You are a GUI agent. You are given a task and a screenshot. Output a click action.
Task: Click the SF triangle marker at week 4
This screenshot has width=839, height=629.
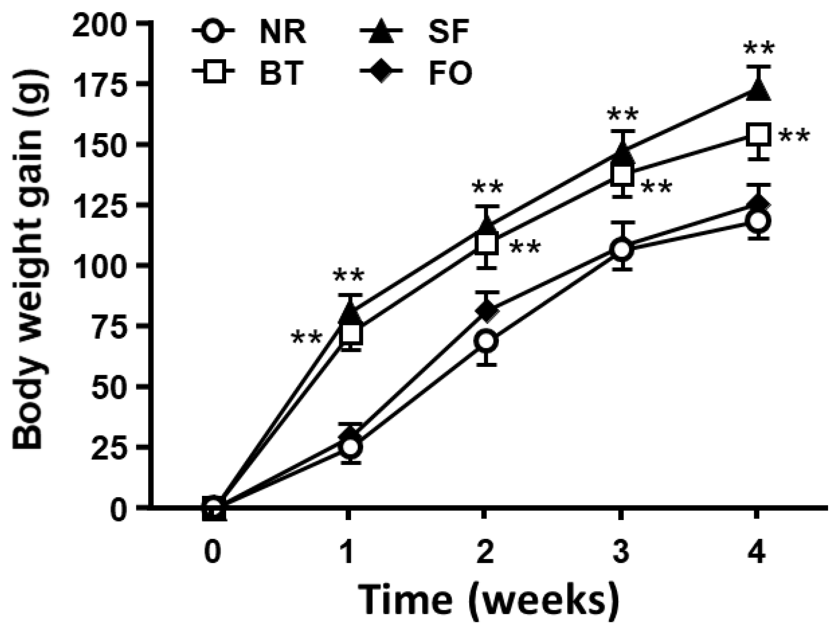(756, 90)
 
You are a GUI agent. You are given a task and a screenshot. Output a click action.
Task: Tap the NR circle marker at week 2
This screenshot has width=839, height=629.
(486, 341)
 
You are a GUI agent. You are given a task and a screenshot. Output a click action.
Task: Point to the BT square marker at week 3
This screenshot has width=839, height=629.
(621, 175)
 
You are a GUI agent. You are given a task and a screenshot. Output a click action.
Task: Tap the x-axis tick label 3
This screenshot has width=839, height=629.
(621, 552)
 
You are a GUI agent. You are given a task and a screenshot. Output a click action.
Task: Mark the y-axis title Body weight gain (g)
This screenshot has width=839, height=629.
(27, 264)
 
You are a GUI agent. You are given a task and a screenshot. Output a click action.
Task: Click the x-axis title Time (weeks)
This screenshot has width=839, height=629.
(488, 598)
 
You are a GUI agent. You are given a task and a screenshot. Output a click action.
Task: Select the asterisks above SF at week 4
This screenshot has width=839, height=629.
(758, 48)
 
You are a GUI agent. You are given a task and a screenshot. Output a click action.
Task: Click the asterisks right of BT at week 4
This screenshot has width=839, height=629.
(793, 136)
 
